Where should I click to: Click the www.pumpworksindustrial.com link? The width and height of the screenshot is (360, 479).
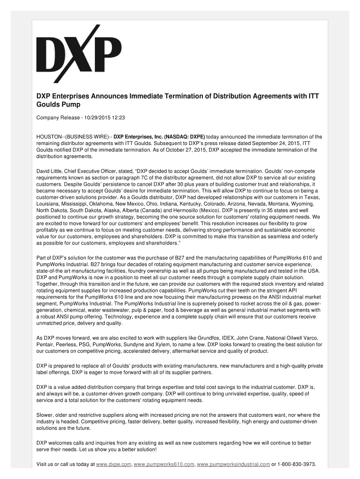(233, 464)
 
